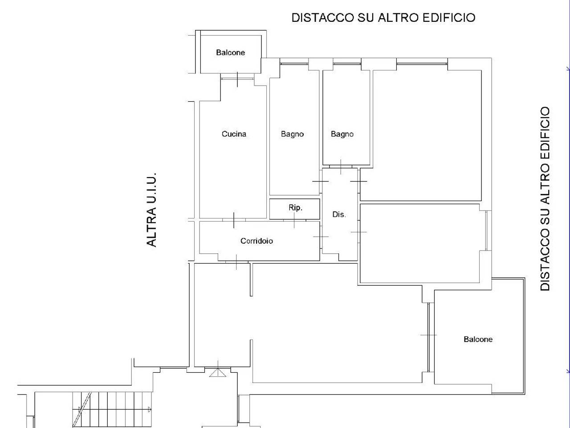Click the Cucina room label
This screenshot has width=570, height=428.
pos(234,134)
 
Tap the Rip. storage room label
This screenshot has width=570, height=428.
pos(295,208)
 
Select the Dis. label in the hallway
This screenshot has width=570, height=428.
pos(339,214)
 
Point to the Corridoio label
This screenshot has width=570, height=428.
pos(256,241)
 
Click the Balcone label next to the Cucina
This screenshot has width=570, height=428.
pos(230,53)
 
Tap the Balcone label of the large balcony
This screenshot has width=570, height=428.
pos(478,339)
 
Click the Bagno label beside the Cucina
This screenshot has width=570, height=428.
pos(292,134)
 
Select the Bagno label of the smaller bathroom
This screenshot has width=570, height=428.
pos(342,134)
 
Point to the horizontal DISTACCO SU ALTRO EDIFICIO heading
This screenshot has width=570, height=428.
pos(383,18)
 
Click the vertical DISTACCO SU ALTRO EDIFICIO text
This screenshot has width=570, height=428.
pos(545,199)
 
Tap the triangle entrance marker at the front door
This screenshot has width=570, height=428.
pos(218,373)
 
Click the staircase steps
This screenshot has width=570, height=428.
pos(112,410)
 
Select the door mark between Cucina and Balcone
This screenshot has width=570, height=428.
pos(237,79)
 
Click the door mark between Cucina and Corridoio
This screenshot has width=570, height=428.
pos(234,220)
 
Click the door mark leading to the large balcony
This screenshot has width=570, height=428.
pos(429,335)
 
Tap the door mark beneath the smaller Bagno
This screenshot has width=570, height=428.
pos(341,167)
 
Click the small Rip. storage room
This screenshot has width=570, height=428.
pos(294,209)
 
